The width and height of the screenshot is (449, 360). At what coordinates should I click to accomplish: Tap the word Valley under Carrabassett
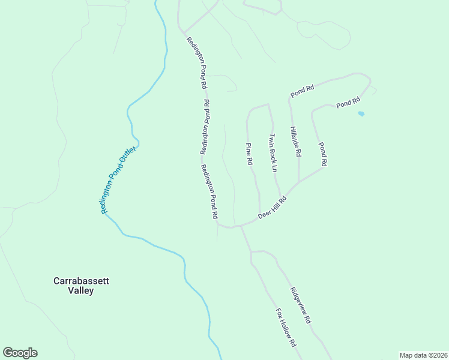[81, 290]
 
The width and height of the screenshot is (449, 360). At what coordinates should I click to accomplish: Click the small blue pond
[361, 113]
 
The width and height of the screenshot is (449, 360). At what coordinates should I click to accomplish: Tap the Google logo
[20, 353]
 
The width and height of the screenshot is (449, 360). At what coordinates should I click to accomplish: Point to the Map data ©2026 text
[423, 355]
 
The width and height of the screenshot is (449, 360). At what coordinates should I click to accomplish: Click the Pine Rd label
[249, 154]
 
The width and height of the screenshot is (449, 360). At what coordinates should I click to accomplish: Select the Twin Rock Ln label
[273, 153]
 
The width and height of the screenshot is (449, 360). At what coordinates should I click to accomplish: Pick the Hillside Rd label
[295, 142]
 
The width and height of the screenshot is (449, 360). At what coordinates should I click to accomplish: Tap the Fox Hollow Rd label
[286, 328]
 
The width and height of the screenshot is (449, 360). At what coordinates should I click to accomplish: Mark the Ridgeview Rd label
[301, 305]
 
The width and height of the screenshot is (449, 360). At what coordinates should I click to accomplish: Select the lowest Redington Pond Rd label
[209, 191]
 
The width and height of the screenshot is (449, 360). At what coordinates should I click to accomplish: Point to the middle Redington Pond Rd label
[205, 127]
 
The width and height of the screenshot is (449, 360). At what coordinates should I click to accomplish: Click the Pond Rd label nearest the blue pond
[348, 103]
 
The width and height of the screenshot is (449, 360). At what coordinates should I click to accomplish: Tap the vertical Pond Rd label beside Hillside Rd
[323, 154]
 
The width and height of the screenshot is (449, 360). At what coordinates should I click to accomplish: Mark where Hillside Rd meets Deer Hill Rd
[299, 182]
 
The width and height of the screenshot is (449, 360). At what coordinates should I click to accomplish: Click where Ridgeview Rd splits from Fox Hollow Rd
[251, 251]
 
